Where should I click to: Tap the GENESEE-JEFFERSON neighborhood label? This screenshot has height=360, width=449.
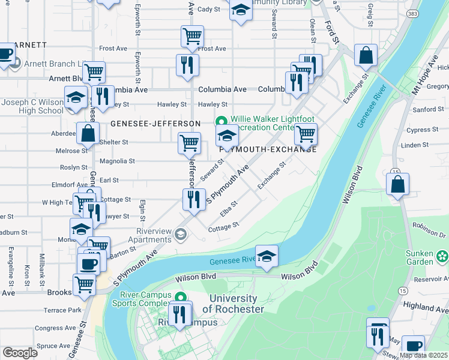[155, 124]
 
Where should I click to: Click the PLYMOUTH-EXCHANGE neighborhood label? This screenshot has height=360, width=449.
[268, 149]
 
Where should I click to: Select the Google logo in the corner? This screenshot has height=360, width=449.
[19, 353]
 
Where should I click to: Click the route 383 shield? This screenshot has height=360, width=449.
[412, 13]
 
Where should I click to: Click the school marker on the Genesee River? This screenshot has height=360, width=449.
[267, 256]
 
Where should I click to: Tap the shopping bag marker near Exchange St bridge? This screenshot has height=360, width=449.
[365, 56]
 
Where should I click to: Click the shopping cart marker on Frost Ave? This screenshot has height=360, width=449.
[192, 37]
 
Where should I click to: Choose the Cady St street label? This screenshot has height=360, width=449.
[209, 10]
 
